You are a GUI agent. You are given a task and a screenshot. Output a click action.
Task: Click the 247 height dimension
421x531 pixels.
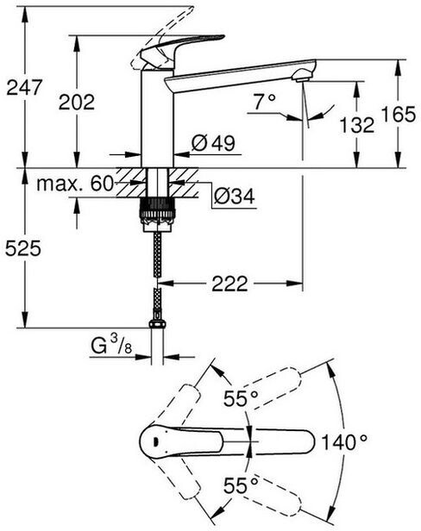click(24, 87)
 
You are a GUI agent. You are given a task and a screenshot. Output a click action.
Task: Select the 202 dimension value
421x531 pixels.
click(77, 102)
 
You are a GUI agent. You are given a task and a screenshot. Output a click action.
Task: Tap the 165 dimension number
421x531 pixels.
click(399, 114)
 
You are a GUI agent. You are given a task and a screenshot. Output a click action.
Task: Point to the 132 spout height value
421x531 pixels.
click(357, 125)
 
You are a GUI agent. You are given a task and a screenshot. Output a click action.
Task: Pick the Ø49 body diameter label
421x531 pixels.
click(213, 143)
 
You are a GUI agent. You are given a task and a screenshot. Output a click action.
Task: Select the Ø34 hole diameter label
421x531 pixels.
click(235, 196)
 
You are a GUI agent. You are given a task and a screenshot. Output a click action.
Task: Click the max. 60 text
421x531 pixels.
click(74, 184)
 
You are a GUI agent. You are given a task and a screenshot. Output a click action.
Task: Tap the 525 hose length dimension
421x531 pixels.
click(23, 248)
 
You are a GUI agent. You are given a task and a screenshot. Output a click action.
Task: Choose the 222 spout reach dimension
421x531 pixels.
click(229, 284)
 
